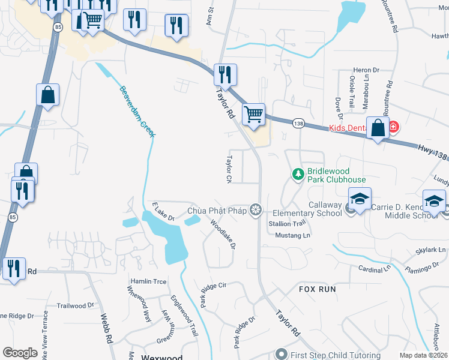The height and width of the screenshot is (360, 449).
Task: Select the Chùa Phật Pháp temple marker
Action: [256, 209]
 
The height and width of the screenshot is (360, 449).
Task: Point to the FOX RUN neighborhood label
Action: [318, 289]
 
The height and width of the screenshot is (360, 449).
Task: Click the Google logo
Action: [20, 353]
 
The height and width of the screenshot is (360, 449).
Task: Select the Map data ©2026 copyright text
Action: [424, 356]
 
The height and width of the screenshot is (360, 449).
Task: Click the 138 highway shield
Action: [298, 123]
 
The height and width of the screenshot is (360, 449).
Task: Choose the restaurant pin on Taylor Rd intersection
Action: [225, 75]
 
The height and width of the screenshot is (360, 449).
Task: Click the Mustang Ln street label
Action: [293, 235]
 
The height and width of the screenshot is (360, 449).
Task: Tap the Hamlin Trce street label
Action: [148, 281]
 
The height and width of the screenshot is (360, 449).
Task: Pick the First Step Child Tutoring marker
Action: [282, 355]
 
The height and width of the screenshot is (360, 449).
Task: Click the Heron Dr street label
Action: [367, 70]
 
